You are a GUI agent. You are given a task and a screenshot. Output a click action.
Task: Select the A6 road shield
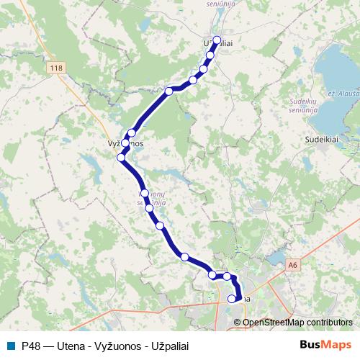pyautogui.click(x=292, y=265)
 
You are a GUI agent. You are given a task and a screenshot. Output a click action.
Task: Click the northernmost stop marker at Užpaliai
pyautogui.click(x=217, y=40)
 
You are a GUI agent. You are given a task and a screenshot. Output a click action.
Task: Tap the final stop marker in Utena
pyautogui.click(x=232, y=298)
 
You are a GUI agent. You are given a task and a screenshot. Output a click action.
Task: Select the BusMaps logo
pyautogui.click(x=325, y=345)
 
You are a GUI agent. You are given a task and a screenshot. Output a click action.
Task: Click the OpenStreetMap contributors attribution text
pyautogui.click(x=297, y=322)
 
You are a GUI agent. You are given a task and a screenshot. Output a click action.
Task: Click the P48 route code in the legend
pyautogui.click(x=31, y=345)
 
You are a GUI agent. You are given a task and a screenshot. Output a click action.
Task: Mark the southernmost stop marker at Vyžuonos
pyautogui.click(x=121, y=158)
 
